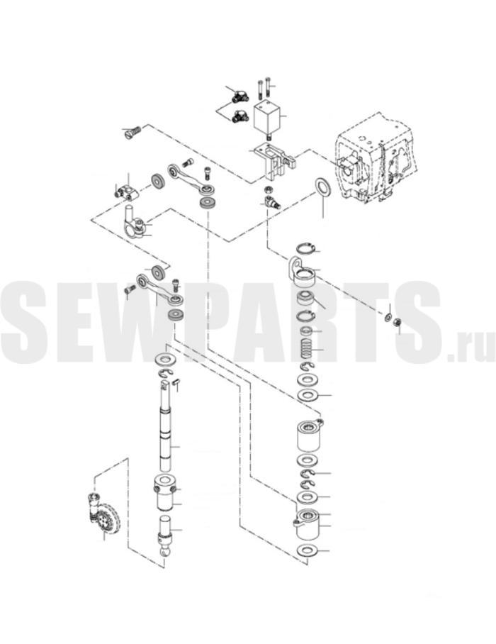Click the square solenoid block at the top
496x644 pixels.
266,116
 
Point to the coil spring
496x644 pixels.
307,350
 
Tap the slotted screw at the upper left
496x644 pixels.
132,132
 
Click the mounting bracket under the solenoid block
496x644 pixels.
274,162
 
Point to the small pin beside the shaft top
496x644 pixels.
176,382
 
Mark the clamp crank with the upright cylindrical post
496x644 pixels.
134,225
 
